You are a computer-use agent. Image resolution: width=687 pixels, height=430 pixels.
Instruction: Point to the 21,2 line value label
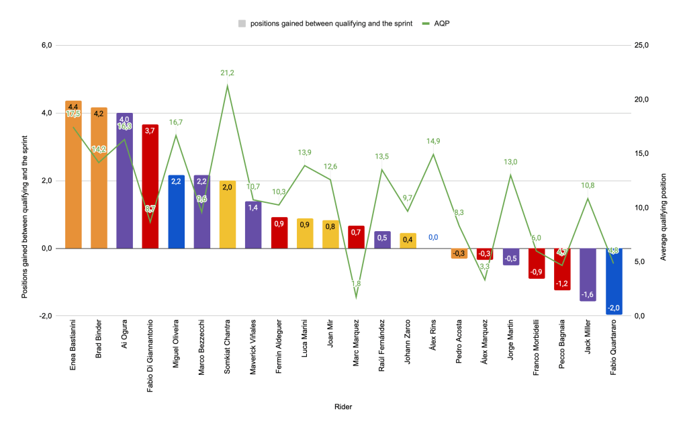[227, 73]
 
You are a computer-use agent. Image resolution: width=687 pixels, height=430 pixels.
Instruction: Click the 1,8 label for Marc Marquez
[356, 284]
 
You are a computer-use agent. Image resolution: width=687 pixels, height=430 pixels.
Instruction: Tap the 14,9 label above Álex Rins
[433, 141]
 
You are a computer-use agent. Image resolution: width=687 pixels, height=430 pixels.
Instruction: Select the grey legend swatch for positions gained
[242, 23]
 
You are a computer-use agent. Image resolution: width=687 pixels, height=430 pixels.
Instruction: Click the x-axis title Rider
[342, 406]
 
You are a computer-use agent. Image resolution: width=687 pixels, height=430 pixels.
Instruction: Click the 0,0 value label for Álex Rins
[433, 237]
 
